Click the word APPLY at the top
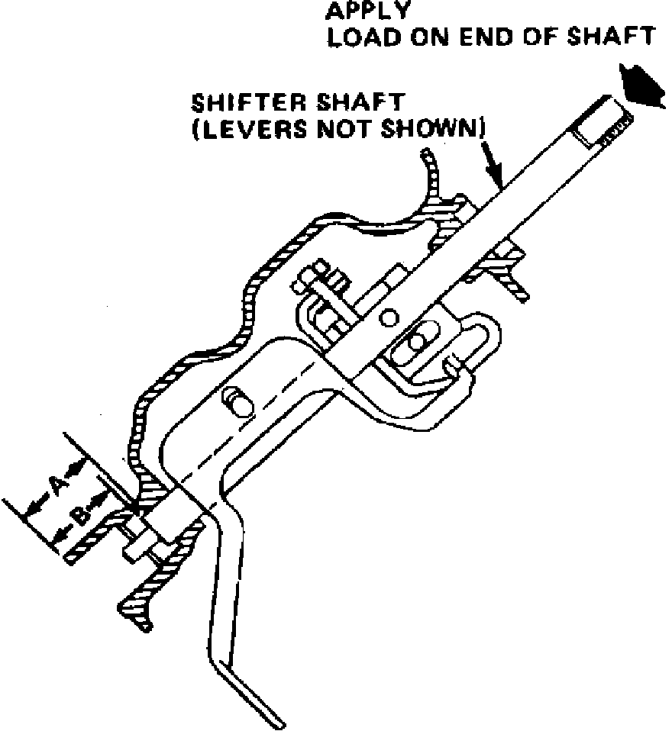coord(367,11)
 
